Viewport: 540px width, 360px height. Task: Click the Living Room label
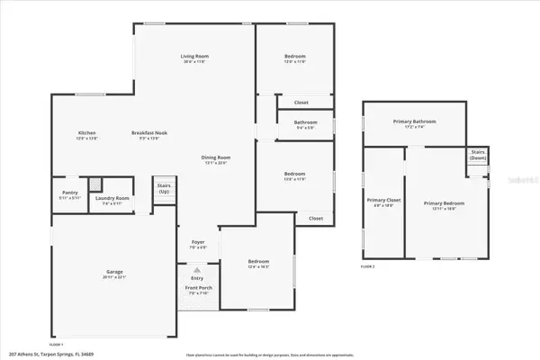click(x=194, y=59)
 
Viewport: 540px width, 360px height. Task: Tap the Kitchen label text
click(x=86, y=135)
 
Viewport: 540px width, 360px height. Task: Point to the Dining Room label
click(x=215, y=160)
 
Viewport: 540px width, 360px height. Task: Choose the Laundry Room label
click(x=116, y=200)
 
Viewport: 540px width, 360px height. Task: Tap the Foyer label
click(x=198, y=244)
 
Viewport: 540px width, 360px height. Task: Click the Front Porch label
click(x=198, y=291)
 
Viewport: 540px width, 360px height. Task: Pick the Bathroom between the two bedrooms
click(x=295, y=124)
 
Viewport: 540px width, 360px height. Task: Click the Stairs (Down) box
click(x=477, y=158)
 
